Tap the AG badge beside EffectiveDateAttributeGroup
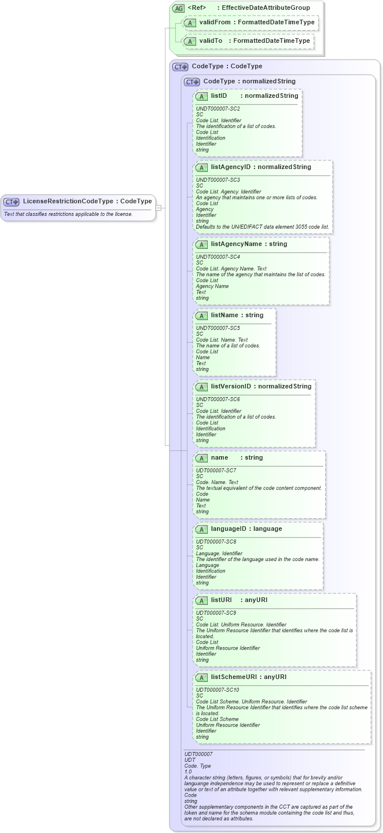coord(178,8)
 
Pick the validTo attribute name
coord(211,41)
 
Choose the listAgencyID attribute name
coord(231,167)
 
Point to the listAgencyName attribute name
coord(236,244)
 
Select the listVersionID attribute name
coord(231,387)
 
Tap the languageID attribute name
coord(230,529)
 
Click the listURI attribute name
coord(221,600)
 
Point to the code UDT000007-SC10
coord(217,690)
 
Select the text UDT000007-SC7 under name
coord(216,471)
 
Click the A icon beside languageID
coord(201,529)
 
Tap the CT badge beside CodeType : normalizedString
coord(191,82)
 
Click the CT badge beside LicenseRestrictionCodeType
coord(12,201)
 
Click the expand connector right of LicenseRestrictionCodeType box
coord(159,207)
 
